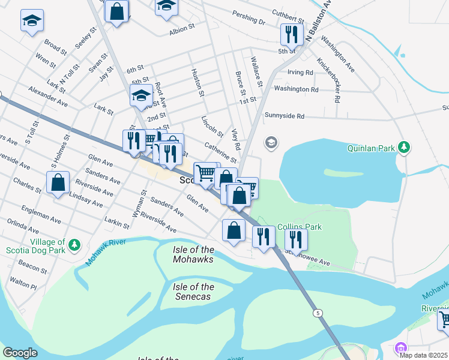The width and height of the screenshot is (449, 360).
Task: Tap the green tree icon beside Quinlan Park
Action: (x=405, y=146)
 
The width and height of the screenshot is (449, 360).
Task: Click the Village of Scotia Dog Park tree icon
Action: (x=74, y=245)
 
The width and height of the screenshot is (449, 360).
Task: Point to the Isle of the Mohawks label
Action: (x=193, y=254)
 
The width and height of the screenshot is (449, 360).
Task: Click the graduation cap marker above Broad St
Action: (x=31, y=21)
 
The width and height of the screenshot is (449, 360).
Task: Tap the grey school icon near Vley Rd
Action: (x=271, y=142)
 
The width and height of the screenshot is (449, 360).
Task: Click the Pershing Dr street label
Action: (x=249, y=20)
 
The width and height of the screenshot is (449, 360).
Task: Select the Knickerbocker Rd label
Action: (x=329, y=71)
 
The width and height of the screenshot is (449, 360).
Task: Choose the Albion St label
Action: (x=182, y=28)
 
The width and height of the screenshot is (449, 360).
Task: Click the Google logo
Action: (x=20, y=353)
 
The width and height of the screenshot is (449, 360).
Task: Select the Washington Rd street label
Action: (x=296, y=89)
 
